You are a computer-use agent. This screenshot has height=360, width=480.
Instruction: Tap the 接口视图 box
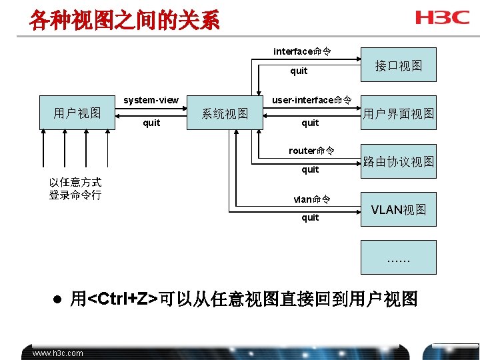[x=399, y=65]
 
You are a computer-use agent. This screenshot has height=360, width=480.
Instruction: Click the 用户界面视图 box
[x=399, y=113]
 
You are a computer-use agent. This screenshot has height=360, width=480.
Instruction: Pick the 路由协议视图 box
[x=399, y=161]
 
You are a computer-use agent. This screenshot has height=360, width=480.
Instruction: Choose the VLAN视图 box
[x=399, y=209]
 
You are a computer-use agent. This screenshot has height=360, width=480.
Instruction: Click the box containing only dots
[x=399, y=257]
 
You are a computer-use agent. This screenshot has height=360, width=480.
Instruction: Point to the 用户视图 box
[x=77, y=113]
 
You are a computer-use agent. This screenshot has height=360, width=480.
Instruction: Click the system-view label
[x=151, y=100]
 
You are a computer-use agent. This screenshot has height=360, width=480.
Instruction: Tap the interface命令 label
[x=303, y=51]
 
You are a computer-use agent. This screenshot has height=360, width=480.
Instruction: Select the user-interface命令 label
[x=311, y=100]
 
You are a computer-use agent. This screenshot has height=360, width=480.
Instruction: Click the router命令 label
[x=311, y=151]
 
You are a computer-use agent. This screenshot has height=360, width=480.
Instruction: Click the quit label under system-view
[x=151, y=123]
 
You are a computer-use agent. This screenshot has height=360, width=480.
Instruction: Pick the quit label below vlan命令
[x=310, y=217]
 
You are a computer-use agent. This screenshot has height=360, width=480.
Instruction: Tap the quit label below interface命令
[x=299, y=71]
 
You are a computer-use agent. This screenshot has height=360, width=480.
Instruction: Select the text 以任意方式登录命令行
[x=75, y=189]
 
